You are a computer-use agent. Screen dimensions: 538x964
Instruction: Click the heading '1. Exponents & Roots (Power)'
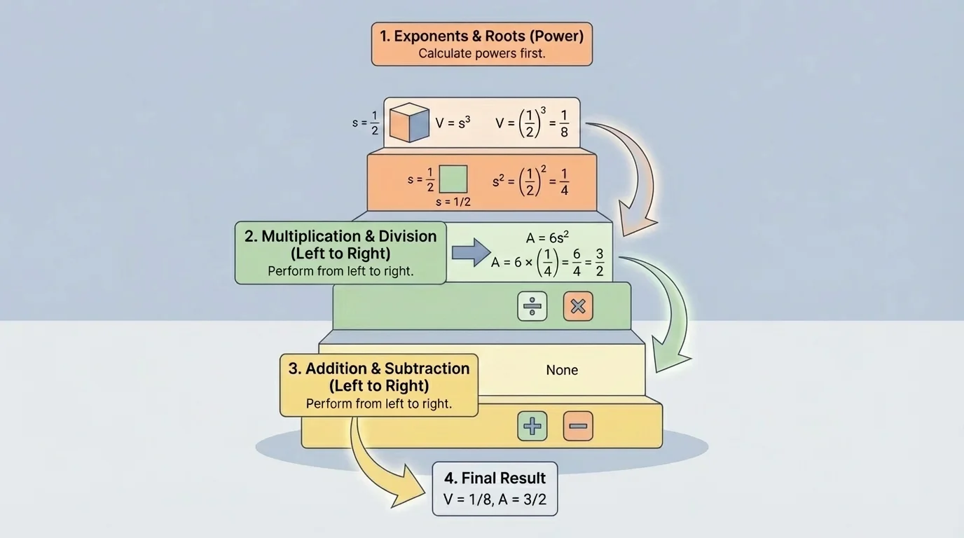click(x=481, y=36)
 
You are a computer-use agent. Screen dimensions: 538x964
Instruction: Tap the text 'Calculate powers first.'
click(x=481, y=53)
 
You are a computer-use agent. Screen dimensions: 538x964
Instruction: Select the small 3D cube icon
click(x=409, y=123)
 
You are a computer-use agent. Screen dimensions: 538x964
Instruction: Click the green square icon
click(x=453, y=179)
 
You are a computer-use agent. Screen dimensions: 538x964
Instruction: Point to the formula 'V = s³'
click(x=453, y=123)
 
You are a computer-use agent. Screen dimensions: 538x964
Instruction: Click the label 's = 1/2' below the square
click(x=453, y=202)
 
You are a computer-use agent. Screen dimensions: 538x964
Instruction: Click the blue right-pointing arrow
click(x=471, y=252)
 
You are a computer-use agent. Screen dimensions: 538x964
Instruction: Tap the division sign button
click(x=532, y=306)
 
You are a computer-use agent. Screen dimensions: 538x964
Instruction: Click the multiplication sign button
click(x=578, y=306)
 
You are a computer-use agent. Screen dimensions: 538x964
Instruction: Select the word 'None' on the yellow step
click(x=562, y=370)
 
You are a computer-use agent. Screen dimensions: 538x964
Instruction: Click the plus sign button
click(x=532, y=426)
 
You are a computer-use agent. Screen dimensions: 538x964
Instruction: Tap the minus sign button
click(x=578, y=426)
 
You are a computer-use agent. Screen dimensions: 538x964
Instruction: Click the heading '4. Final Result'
click(x=495, y=478)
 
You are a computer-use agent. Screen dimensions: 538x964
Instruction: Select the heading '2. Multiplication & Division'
click(x=340, y=236)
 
